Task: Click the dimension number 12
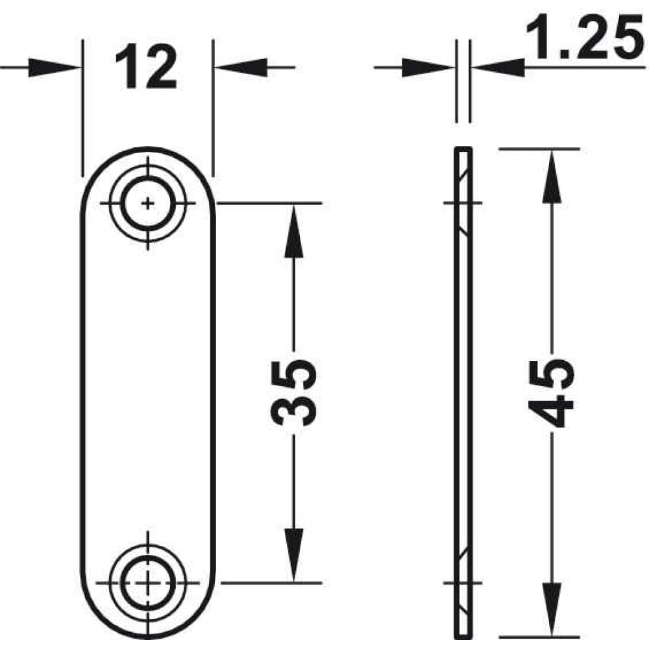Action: click(146, 67)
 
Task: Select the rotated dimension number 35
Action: click(293, 393)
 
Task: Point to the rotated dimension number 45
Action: click(551, 393)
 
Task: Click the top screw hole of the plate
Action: click(148, 203)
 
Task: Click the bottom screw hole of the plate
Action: click(148, 583)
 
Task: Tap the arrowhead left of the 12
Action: click(54, 67)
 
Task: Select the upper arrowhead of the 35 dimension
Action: click(294, 231)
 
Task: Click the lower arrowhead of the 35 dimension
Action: click(294, 556)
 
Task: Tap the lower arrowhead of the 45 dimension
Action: click(552, 610)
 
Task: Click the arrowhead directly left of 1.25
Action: click(498, 67)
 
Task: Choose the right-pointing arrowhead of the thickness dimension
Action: click(428, 67)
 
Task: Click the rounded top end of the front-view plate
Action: click(148, 149)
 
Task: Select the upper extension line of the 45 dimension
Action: click(539, 149)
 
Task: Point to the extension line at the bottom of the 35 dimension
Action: click(271, 583)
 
